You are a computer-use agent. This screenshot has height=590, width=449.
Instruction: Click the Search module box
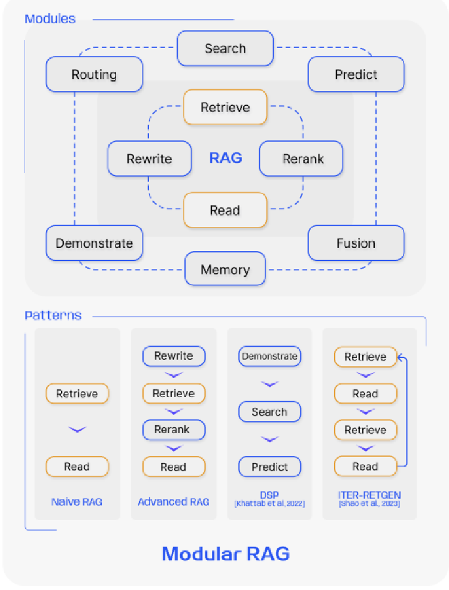pyautogui.click(x=225, y=49)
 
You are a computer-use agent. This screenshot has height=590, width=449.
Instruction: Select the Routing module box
pyautogui.click(x=94, y=75)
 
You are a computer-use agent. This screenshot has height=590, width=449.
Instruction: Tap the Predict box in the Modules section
pyautogui.click(x=356, y=75)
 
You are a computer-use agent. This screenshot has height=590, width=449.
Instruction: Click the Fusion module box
pyautogui.click(x=356, y=243)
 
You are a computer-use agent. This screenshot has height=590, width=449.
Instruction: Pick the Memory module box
pyautogui.click(x=225, y=270)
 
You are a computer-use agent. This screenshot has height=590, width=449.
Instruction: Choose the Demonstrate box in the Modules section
pyautogui.click(x=94, y=243)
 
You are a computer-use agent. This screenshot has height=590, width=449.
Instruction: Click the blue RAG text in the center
pyautogui.click(x=226, y=158)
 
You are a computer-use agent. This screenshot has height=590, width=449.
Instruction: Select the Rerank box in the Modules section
pyautogui.click(x=301, y=159)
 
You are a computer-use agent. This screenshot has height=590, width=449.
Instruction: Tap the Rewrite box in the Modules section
pyautogui.click(x=149, y=159)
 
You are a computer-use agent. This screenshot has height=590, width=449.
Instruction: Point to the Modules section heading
pyautogui.click(x=50, y=19)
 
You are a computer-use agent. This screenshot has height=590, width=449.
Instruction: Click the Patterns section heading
pyautogui.click(x=53, y=315)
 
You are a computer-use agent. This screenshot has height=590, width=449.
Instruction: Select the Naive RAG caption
pyautogui.click(x=77, y=502)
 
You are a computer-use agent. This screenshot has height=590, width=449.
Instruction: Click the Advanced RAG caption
pyautogui.click(x=174, y=502)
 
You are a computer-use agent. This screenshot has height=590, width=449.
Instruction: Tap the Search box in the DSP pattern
pyautogui.click(x=269, y=412)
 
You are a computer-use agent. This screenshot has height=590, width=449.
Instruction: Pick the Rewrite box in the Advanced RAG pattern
pyautogui.click(x=174, y=356)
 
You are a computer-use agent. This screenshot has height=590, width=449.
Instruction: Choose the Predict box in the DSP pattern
pyautogui.click(x=269, y=467)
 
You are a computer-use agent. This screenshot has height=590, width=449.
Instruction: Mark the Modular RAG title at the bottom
pyautogui.click(x=226, y=553)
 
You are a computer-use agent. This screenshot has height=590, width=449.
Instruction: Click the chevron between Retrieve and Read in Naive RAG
pyautogui.click(x=77, y=429)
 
